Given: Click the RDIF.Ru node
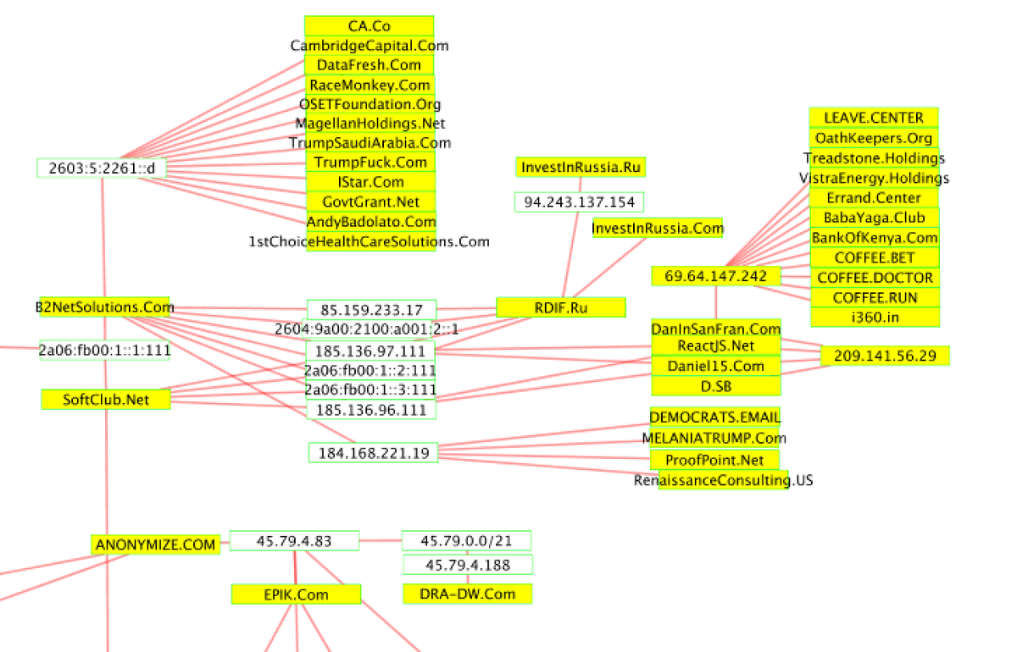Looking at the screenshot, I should (x=560, y=307).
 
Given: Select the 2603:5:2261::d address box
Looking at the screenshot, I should (x=102, y=168).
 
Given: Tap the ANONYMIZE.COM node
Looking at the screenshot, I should (x=156, y=544).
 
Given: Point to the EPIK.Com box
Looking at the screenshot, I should (x=296, y=594).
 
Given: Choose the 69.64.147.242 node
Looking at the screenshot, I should (x=715, y=276).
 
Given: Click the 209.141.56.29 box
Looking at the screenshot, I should (x=885, y=356).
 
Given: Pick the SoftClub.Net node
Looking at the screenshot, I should (x=106, y=400).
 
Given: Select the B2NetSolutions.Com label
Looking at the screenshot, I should (x=105, y=307).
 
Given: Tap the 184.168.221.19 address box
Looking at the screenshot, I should (x=373, y=453).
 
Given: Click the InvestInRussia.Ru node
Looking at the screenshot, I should (x=581, y=167).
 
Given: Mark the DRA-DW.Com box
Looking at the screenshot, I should (x=467, y=594).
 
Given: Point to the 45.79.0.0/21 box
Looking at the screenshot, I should (x=466, y=541).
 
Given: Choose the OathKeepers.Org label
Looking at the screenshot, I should (x=873, y=138).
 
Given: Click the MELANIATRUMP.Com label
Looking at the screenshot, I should (x=714, y=438).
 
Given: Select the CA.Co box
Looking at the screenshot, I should (x=369, y=26).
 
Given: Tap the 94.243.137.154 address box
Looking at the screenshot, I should (x=579, y=202).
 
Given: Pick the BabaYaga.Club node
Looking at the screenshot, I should (x=874, y=218).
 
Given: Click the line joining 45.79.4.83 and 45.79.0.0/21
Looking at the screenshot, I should (x=381, y=540).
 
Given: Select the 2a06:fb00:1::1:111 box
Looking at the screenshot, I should (x=104, y=350).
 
